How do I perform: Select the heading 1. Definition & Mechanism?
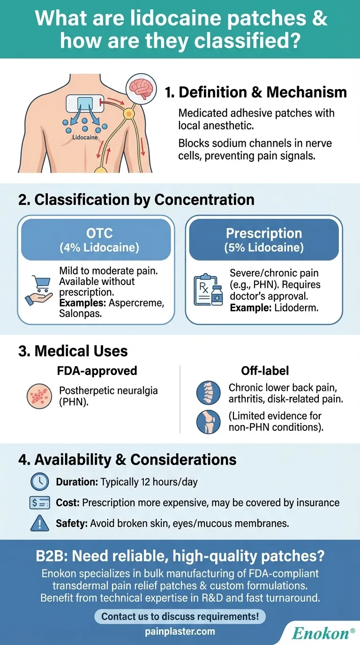(x=256, y=92)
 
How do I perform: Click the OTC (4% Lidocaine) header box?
(x=96, y=240)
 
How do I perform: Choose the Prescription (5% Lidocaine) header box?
(x=264, y=240)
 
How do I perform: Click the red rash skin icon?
(x=39, y=397)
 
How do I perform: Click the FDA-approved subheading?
(x=97, y=371)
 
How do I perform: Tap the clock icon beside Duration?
(x=39, y=481)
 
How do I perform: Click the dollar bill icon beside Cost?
(x=39, y=503)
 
